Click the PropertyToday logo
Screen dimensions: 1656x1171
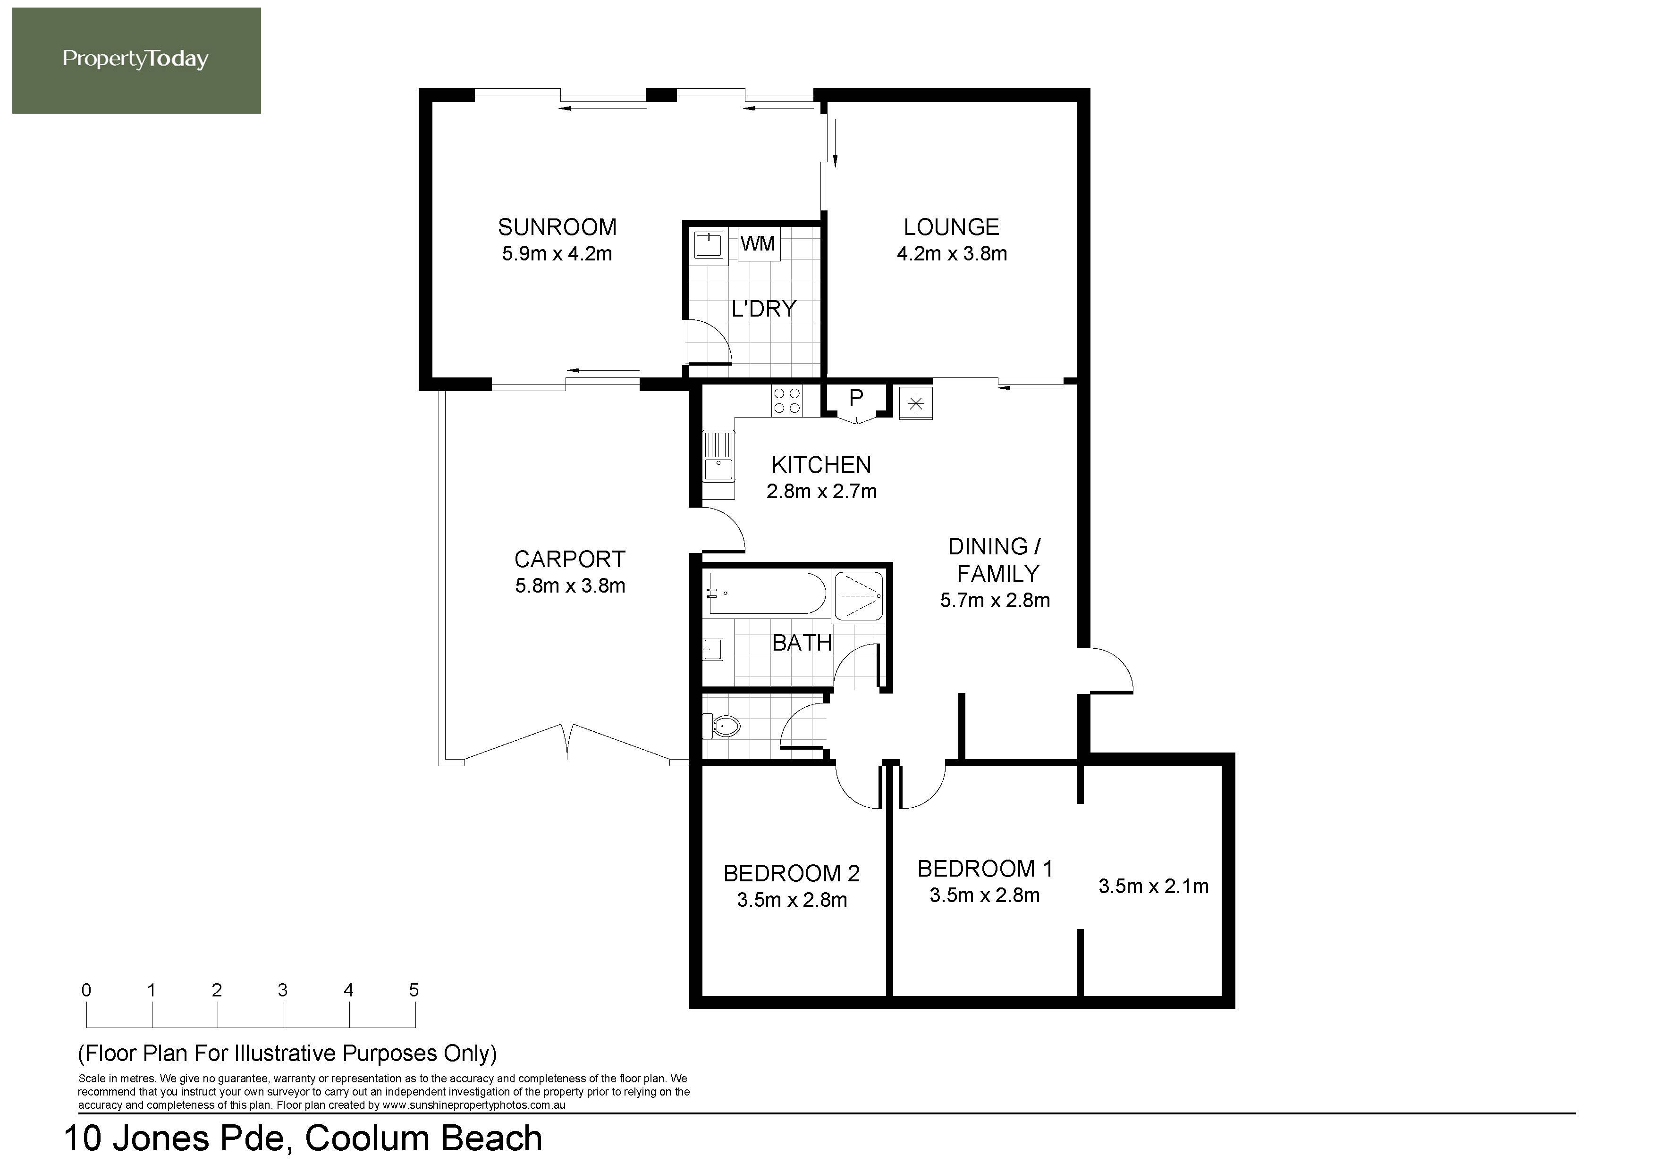point(136,60)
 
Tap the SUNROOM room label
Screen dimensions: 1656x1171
point(557,227)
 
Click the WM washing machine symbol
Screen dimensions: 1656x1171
point(758,244)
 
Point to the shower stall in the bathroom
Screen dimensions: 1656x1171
point(858,596)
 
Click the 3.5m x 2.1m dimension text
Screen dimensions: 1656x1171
point(1153,886)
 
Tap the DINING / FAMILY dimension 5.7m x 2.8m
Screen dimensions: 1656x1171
point(995,600)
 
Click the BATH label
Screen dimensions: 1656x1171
point(802,643)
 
